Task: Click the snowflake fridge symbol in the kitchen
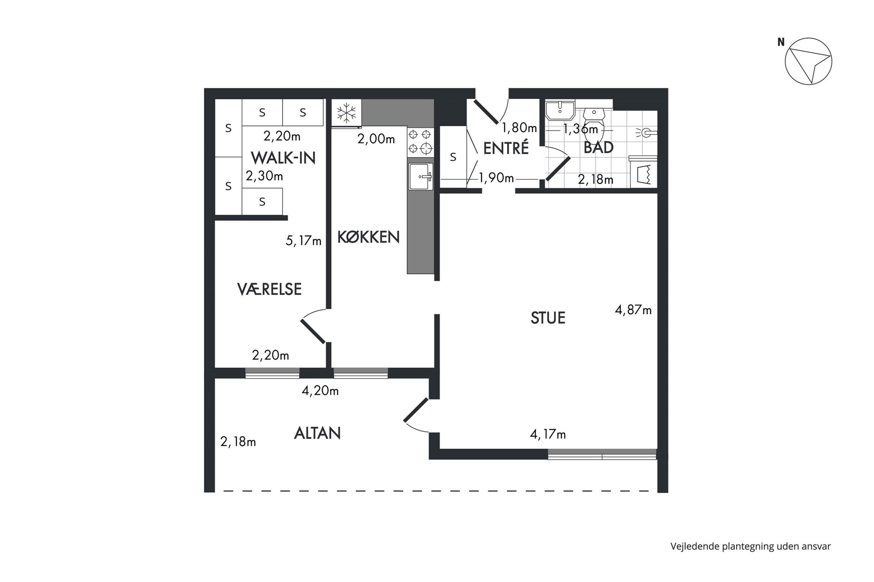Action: click(x=347, y=113)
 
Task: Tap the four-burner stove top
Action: click(x=420, y=141)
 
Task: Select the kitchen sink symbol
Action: click(x=421, y=177)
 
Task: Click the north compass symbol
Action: click(x=808, y=61)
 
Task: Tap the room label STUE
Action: click(x=548, y=318)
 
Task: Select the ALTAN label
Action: click(x=317, y=433)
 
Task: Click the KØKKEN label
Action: click(x=368, y=237)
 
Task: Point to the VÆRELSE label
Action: click(x=269, y=289)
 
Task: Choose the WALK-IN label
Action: click(x=283, y=158)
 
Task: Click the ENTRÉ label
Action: click(x=506, y=148)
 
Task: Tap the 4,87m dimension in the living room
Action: click(x=633, y=310)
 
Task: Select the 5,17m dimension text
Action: click(x=304, y=241)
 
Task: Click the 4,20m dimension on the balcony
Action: click(x=320, y=390)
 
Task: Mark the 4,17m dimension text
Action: click(x=548, y=435)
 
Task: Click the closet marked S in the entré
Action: click(x=453, y=157)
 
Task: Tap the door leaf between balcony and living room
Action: click(x=416, y=410)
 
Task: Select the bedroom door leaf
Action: click(x=313, y=331)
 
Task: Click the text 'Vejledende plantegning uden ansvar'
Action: click(x=751, y=546)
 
